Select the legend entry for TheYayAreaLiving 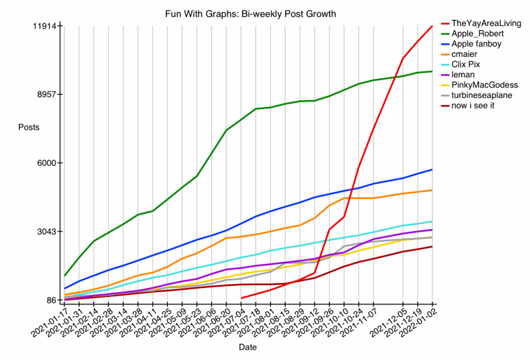(x=482, y=23)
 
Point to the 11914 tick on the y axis (x=45, y=26)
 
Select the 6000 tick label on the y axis (x=48, y=163)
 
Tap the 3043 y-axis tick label (x=48, y=232)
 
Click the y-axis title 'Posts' (x=29, y=128)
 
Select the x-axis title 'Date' (x=247, y=348)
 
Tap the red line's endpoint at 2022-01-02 (x=432, y=26)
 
